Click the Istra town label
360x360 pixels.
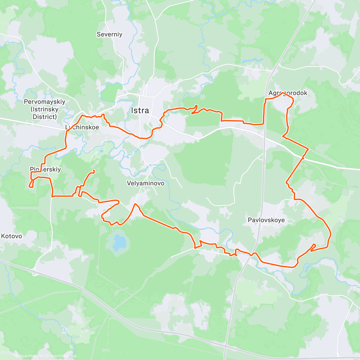[x=140, y=110]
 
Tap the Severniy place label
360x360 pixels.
[x=109, y=34]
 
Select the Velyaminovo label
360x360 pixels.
[x=145, y=183]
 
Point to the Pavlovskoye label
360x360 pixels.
[x=266, y=220]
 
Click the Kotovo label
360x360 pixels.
[x=11, y=236]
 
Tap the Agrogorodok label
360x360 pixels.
[x=288, y=93]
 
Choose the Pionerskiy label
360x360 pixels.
[x=45, y=169]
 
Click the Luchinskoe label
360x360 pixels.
[x=82, y=127]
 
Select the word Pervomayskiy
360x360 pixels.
[x=45, y=102]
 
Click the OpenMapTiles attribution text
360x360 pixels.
[x=31, y=356]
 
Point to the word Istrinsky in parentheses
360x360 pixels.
[x=45, y=109]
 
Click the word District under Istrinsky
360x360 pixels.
[x=45, y=117]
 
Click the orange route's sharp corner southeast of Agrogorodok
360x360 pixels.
[x=308, y=148]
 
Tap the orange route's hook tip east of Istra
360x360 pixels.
[x=196, y=105]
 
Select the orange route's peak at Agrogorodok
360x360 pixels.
[x=283, y=93]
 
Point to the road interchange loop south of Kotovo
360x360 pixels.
[x=35, y=272]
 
